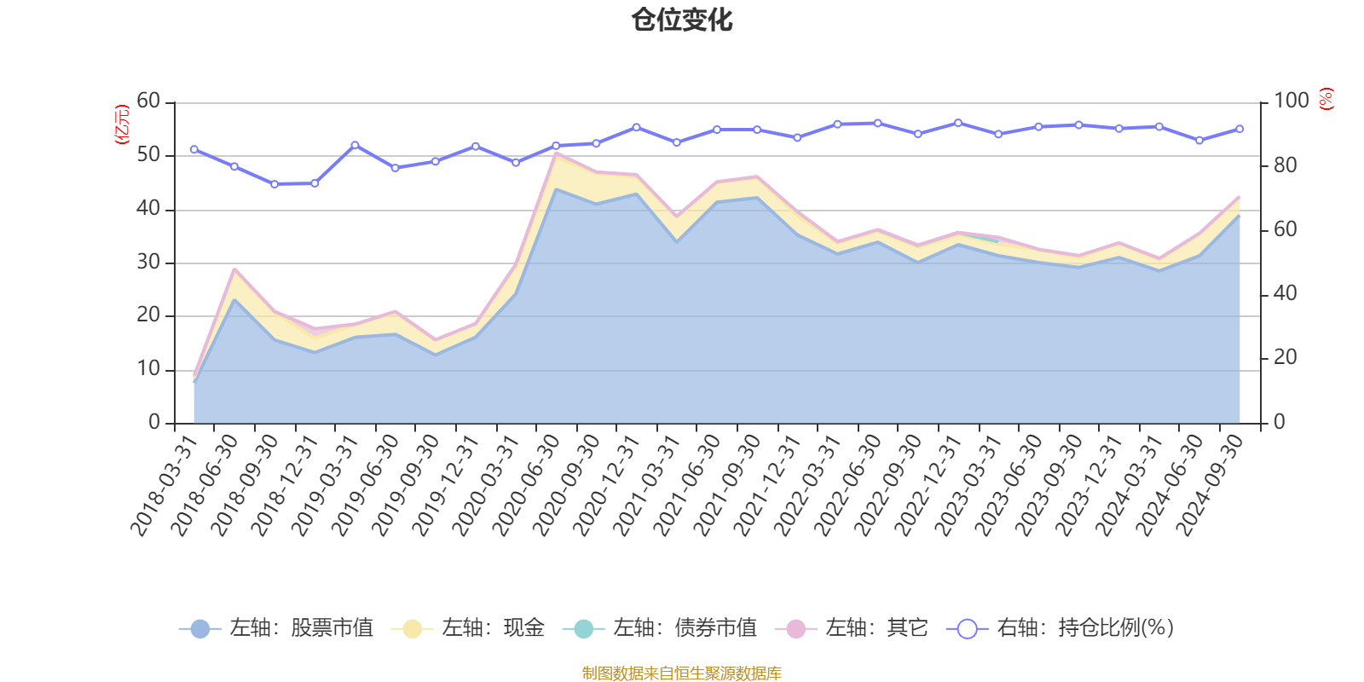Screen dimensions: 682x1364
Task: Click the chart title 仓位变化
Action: pos(682,20)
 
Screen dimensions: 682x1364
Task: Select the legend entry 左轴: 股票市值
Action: pos(276,629)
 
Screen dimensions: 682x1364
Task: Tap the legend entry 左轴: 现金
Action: pos(468,629)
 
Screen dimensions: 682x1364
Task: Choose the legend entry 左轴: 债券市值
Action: pos(660,629)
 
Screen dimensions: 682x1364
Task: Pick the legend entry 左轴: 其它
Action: pos(852,629)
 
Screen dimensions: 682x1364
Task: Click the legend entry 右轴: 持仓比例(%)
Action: pos(1061,629)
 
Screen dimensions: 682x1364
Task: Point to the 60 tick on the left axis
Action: pos(148,101)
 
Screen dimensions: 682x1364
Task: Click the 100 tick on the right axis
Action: pos(1291,101)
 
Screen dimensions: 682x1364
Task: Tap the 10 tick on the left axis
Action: pos(148,369)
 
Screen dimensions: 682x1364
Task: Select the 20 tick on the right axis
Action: pos(1285,358)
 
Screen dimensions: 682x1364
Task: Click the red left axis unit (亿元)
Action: pos(122,124)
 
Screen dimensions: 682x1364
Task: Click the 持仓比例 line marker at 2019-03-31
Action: pos(355,145)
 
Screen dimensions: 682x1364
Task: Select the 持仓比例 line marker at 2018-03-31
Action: pos(194,149)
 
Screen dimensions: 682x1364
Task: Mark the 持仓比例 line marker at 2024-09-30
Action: pos(1240,130)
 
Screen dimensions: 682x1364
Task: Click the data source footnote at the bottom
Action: pos(682,673)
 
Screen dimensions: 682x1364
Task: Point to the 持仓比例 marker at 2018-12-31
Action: pos(315,183)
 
